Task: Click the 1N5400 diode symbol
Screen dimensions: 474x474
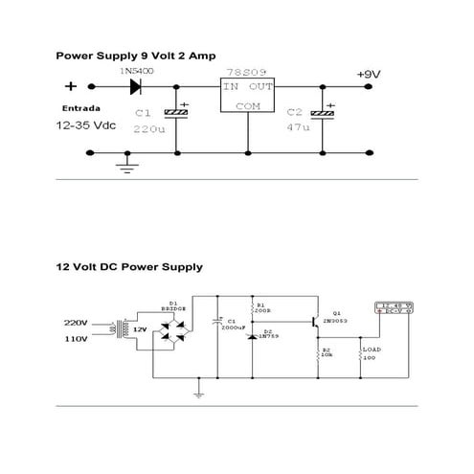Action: tap(134, 86)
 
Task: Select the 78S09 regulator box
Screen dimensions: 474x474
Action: tap(247, 97)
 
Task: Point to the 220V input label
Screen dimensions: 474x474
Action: tap(77, 323)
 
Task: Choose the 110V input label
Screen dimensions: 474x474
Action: tap(77, 340)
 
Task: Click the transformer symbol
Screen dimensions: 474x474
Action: tap(120, 330)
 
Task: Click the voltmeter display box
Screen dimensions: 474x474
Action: tap(394, 308)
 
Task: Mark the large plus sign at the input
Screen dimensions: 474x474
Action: tap(70, 86)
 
